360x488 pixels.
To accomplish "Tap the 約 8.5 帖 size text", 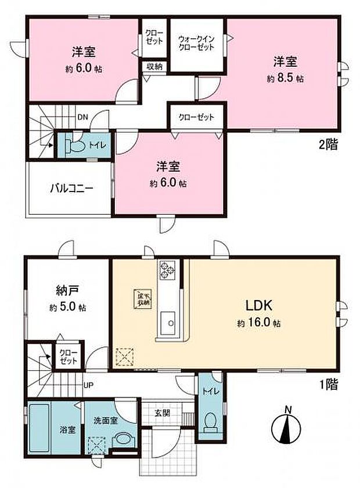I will [x=285, y=78].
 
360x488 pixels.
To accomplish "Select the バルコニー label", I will [x=71, y=189].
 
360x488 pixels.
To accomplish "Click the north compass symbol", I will [x=287, y=430].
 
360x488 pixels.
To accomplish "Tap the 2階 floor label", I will [x=327, y=146].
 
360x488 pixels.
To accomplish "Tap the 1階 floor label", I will [x=327, y=384].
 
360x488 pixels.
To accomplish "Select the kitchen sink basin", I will [x=168, y=320].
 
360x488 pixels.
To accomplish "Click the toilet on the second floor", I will [x=73, y=145].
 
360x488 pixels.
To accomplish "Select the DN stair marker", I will [x=83, y=117].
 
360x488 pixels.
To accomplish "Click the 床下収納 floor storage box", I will [x=143, y=298].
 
